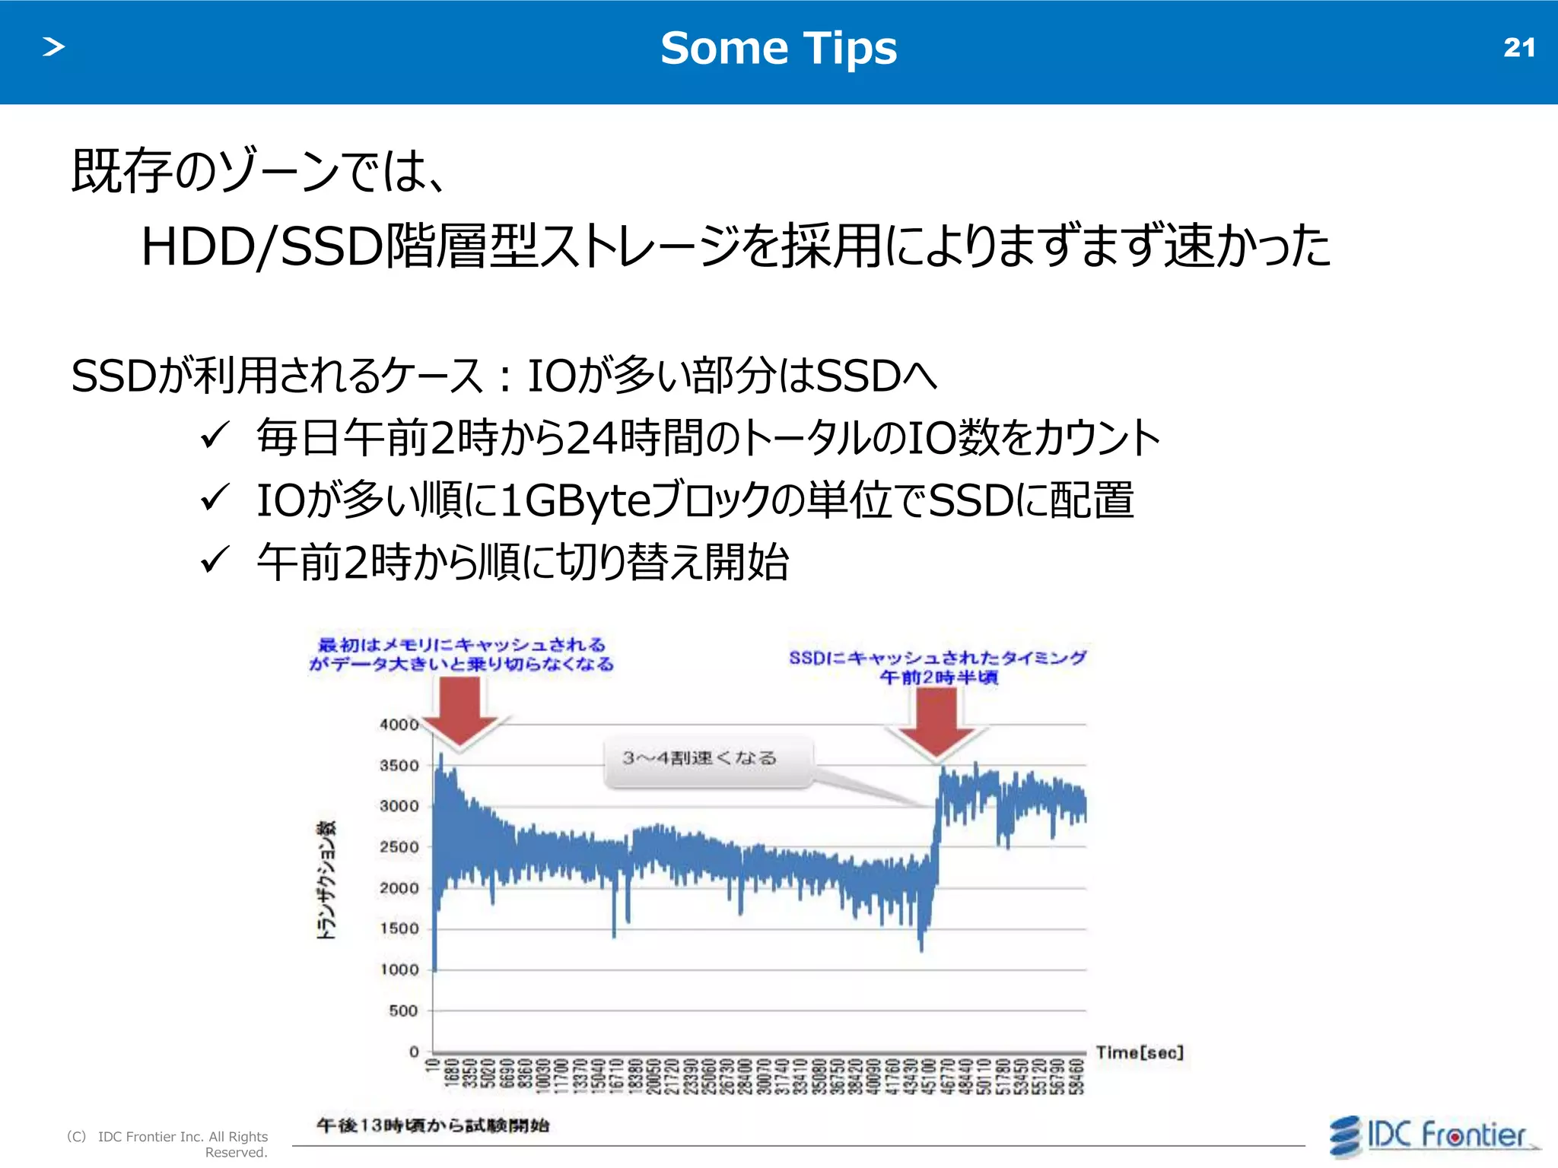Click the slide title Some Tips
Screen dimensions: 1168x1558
(778, 49)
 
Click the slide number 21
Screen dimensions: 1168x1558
(1518, 48)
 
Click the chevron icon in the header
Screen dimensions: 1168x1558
(53, 47)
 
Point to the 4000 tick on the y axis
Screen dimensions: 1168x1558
(399, 725)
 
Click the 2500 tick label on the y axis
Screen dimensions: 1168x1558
(399, 847)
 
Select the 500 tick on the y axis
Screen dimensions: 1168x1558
(403, 1011)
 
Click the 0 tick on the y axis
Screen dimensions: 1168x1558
(414, 1052)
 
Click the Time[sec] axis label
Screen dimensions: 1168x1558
(1139, 1052)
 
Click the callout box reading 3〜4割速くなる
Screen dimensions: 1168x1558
(707, 759)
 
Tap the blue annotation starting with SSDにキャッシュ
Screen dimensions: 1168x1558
(937, 667)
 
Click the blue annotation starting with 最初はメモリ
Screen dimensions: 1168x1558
(461, 654)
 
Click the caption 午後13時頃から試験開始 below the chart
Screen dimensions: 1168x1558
(432, 1125)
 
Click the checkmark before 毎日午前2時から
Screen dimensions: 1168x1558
(215, 436)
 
